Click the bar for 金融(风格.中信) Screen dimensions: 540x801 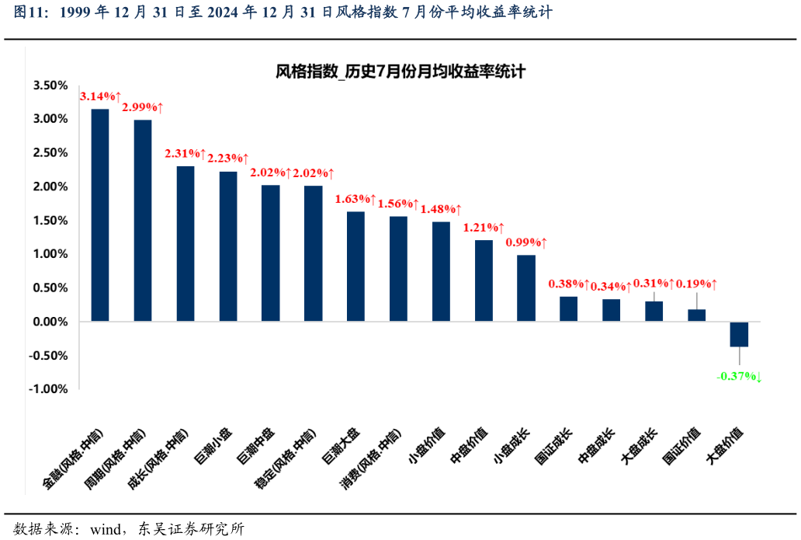tap(100, 215)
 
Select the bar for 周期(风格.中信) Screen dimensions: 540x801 tap(143, 221)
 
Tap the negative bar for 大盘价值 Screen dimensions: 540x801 tap(739, 334)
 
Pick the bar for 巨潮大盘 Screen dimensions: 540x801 tap(355, 267)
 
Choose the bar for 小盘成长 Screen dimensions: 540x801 tap(526, 288)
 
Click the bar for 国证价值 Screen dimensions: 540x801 tap(697, 315)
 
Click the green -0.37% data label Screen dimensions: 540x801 tap(738, 377)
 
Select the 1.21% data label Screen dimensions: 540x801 tap(484, 228)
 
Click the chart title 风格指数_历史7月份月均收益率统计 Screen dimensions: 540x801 tap(400, 71)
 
